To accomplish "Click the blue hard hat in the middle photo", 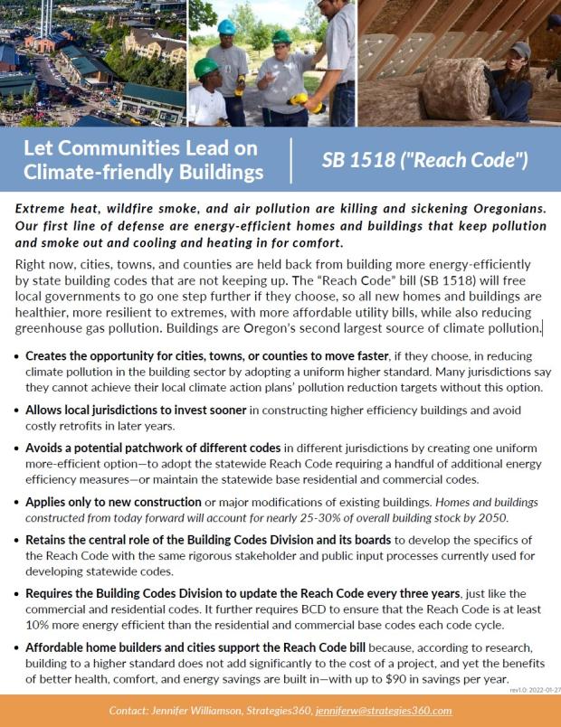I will point(226,27).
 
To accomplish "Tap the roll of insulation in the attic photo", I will point(453,88).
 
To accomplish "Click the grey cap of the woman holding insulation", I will point(520,50).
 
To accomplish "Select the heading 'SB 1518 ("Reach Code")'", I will point(424,160).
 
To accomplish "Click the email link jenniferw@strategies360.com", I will point(384,711).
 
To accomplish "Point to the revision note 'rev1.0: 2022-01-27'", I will point(535,689).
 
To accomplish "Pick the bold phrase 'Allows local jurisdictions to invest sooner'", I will point(135,410).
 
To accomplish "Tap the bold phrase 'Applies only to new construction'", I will point(113,502).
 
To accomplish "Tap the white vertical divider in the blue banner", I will point(292,160).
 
